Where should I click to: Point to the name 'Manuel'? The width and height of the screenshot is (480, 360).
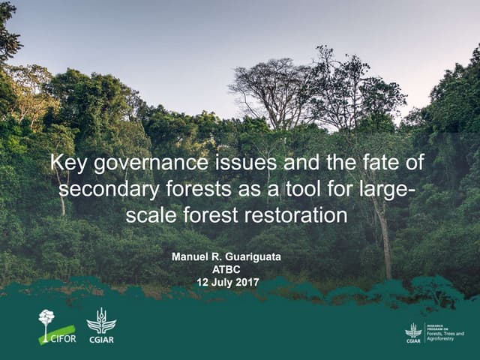(x=192, y=257)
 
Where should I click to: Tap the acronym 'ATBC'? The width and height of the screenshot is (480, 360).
(x=227, y=270)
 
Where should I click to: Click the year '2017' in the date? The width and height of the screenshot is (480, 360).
(x=246, y=283)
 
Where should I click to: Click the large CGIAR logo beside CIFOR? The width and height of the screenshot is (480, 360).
(x=101, y=325)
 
